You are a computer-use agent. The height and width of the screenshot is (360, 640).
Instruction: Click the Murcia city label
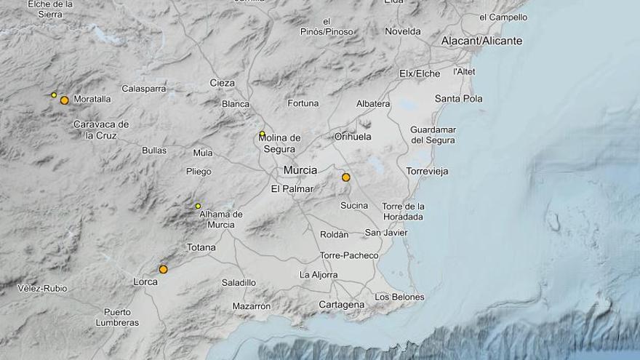300,170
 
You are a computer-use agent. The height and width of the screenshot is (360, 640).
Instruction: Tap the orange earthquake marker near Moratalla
64,100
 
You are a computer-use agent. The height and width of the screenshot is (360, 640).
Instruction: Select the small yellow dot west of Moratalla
54,95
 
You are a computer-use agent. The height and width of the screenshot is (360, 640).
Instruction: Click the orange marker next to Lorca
163,269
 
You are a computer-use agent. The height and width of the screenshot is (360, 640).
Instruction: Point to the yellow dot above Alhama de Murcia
198,206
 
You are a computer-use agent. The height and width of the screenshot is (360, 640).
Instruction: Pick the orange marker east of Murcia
345,177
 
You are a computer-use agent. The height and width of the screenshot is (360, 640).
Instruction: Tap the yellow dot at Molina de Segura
262,134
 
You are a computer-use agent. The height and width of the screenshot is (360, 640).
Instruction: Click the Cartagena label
341,305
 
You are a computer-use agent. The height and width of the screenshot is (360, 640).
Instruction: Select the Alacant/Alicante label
481,41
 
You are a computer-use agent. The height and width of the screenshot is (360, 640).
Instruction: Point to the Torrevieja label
428,172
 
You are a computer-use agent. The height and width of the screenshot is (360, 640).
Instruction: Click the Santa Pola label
458,99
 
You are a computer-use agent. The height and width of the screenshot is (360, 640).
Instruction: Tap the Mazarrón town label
252,306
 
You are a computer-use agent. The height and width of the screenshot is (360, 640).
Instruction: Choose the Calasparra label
144,89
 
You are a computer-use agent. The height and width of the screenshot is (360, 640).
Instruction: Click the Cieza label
222,83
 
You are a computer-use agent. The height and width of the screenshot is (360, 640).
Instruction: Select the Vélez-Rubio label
42,289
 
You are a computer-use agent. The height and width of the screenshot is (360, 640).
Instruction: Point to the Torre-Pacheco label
349,255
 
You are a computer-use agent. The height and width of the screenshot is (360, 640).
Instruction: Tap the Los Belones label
399,297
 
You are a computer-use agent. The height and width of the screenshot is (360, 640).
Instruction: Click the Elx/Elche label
420,73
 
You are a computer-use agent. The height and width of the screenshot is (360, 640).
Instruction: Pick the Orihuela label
353,136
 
